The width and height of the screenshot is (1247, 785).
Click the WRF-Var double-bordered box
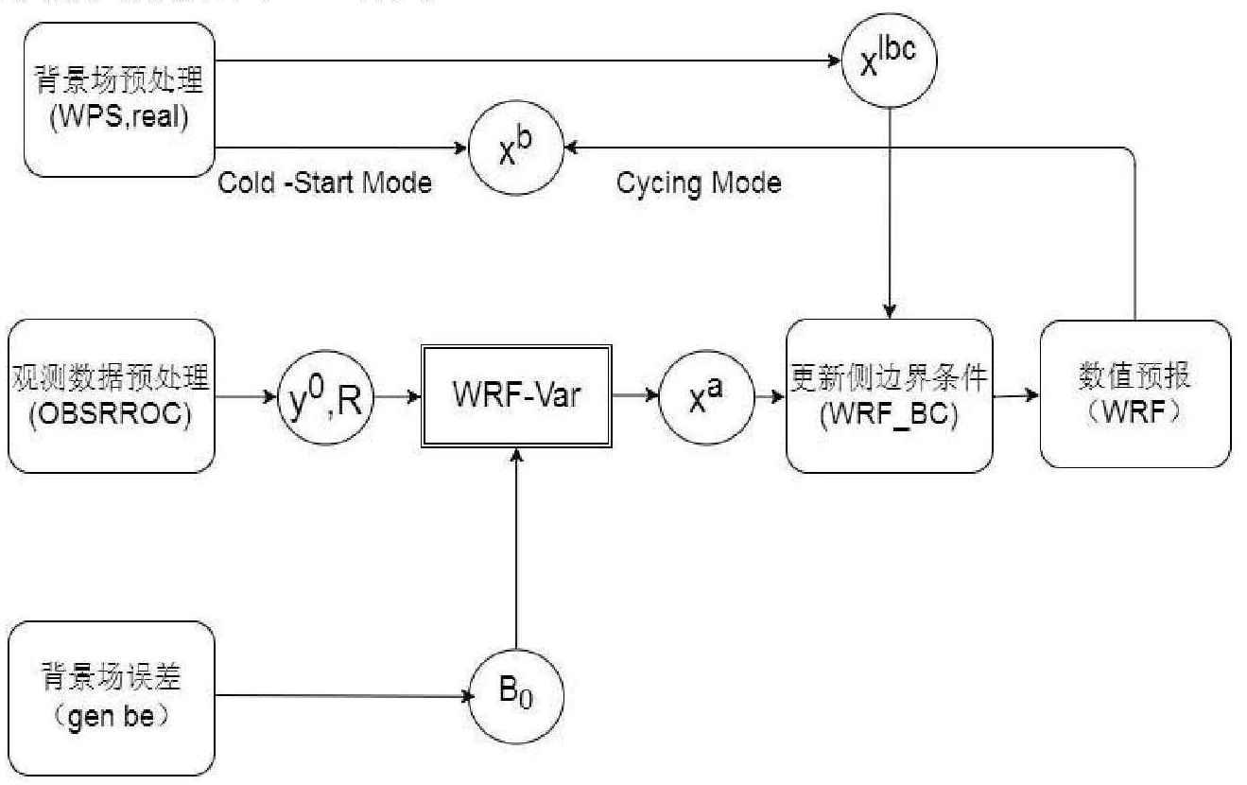[x=516, y=395]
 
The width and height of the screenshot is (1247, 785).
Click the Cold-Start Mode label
[x=324, y=183]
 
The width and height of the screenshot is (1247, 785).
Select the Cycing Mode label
[x=699, y=183]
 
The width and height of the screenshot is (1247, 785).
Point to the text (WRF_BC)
[x=888, y=415]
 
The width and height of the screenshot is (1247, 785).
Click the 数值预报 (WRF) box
[x=1135, y=395]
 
